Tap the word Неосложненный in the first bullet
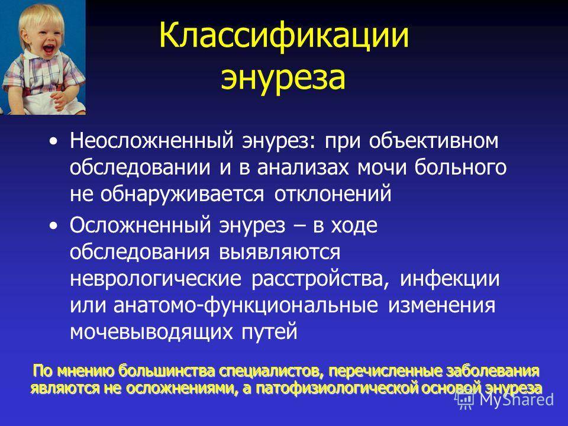coord(152,141)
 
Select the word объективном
coord(434,140)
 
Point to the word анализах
coord(303,167)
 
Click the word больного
coord(460,167)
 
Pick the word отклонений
coord(333,194)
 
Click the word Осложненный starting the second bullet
coord(140,225)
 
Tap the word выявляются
coord(279,252)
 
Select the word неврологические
coord(156,279)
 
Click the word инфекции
coord(450,279)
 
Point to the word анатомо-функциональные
coord(246,305)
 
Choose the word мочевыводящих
coord(151,332)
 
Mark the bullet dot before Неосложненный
coord(54,141)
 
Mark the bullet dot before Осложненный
coord(54,226)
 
